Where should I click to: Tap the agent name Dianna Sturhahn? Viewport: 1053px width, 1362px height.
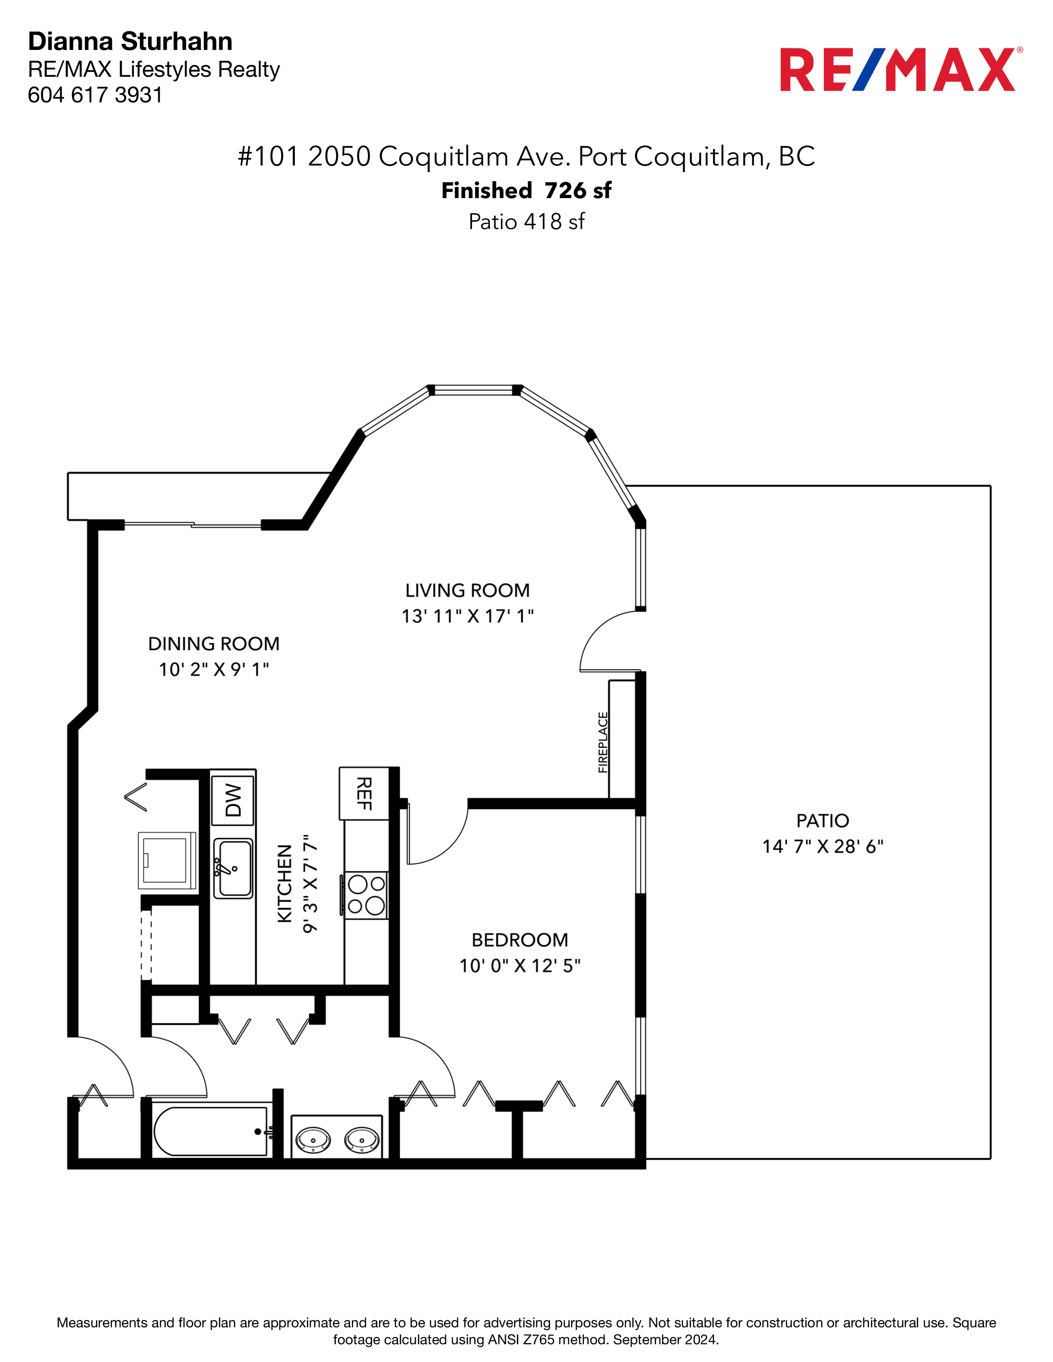130,41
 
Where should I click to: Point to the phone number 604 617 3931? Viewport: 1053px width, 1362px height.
95,95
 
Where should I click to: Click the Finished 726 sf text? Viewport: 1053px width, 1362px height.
526,190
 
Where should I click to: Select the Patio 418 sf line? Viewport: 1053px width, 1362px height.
526,221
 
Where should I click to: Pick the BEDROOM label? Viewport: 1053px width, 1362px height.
519,940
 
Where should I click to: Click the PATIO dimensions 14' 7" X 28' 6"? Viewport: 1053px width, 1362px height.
823,846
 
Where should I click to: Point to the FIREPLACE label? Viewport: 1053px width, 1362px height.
602,742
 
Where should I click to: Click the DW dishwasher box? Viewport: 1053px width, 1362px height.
232,800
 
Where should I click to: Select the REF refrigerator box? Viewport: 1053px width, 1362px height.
364,793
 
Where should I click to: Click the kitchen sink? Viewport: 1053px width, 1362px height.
233,868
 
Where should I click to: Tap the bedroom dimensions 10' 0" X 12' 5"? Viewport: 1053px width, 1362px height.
519,965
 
